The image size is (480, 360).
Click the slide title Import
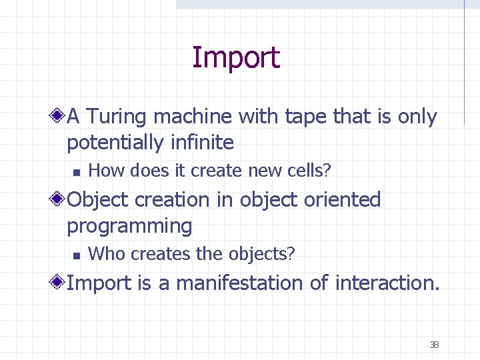click(235, 58)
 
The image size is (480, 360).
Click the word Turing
click(117, 117)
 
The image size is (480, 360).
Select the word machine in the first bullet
click(193, 117)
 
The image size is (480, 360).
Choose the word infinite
click(201, 142)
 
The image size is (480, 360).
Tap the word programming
click(129, 226)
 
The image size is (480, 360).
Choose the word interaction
click(387, 283)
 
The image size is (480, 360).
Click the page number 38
click(434, 345)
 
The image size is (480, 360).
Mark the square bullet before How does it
click(76, 172)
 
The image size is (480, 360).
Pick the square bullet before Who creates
click(76, 255)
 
